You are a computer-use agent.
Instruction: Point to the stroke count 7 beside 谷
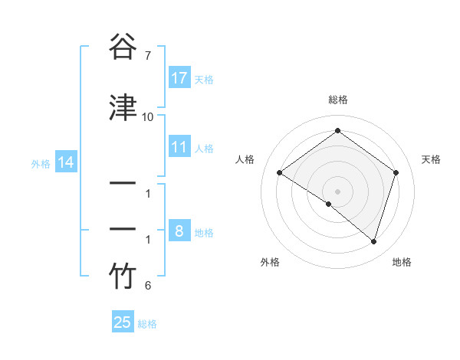tap(148, 56)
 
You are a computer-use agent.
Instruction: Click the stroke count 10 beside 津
tap(148, 117)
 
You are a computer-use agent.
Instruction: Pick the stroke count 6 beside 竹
tap(148, 286)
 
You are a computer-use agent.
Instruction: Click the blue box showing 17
tap(179, 78)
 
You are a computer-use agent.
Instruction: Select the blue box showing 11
tap(179, 147)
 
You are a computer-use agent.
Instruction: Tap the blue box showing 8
tap(179, 231)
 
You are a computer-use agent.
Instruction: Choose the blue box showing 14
tap(65, 162)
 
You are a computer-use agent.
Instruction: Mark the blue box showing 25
tap(123, 322)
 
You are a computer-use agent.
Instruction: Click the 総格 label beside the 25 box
tap(147, 324)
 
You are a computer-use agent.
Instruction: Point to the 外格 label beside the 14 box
tap(41, 163)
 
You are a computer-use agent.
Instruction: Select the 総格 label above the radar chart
tap(337, 100)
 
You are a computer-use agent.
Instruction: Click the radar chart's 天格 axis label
tap(432, 159)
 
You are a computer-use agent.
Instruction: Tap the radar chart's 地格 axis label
tap(402, 262)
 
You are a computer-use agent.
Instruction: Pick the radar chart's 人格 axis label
tap(245, 159)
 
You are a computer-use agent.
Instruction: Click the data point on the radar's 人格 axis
tap(280, 173)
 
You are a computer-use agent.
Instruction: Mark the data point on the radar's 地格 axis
tap(373, 241)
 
